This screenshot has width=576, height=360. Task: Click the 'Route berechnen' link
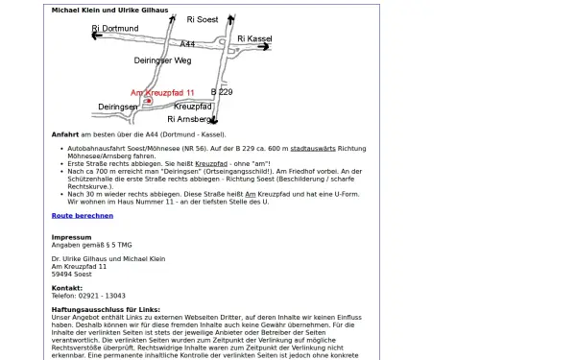(83, 216)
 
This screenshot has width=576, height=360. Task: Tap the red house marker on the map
(149, 101)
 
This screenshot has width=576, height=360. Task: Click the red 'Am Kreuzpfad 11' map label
(162, 93)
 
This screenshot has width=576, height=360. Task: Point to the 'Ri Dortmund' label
(115, 28)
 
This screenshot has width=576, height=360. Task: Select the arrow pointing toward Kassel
(263, 47)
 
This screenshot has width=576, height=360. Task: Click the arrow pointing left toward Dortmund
(97, 36)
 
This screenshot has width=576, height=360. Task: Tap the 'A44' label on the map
(187, 44)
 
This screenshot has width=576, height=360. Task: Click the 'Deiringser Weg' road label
(162, 60)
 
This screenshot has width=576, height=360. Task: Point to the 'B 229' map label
(222, 92)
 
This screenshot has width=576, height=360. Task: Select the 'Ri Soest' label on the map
(203, 19)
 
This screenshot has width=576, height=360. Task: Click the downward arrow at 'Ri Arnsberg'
(214, 120)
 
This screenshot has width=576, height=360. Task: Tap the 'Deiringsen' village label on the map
(118, 107)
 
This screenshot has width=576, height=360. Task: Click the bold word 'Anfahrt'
(65, 134)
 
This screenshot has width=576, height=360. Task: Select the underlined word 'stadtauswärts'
(313, 149)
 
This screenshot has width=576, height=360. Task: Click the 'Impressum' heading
(72, 237)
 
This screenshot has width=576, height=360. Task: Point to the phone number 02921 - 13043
(102, 296)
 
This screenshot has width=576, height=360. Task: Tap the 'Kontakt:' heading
(67, 288)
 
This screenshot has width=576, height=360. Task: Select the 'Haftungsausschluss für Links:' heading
(106, 310)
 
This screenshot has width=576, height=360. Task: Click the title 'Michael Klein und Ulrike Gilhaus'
(109, 11)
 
